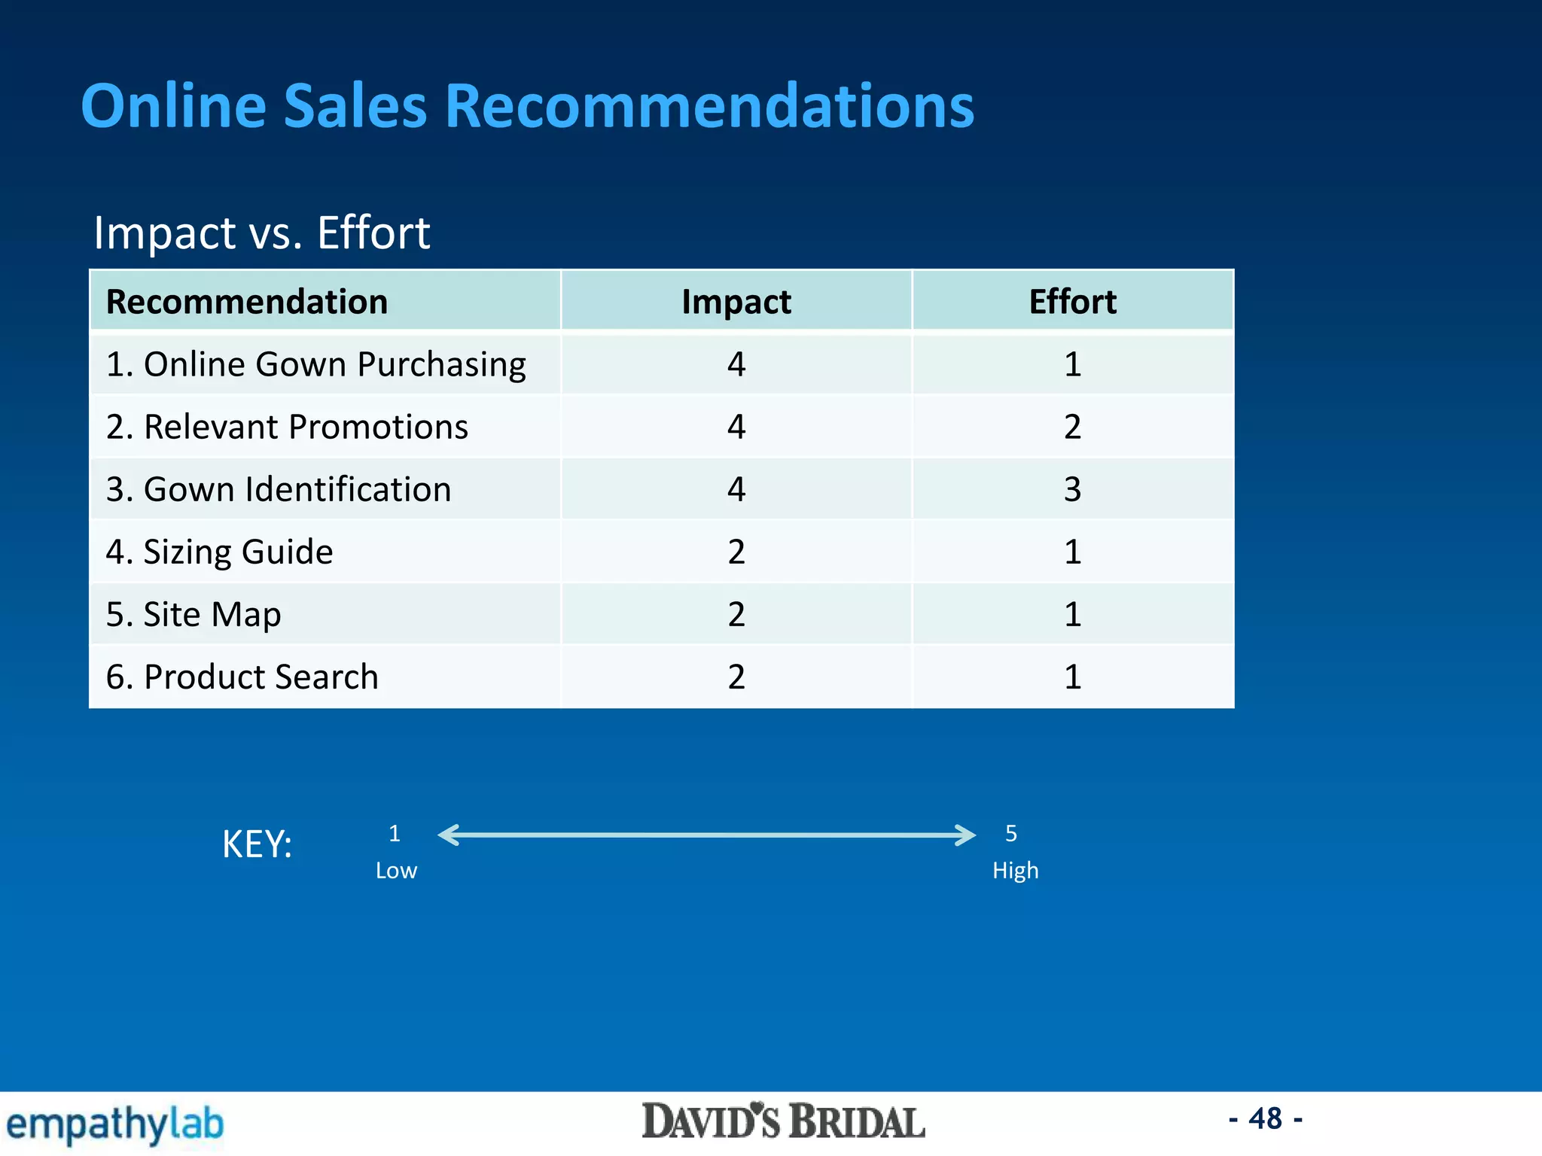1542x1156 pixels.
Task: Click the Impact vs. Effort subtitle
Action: tap(261, 233)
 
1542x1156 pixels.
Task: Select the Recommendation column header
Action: tap(247, 302)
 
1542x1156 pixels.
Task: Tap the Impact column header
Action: tap(736, 302)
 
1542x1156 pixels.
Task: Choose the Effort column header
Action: tap(1072, 302)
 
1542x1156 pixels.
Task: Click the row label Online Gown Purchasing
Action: tap(315, 364)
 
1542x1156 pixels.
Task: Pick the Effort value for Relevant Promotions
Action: tap(1072, 427)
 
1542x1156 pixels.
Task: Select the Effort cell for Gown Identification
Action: tap(1072, 489)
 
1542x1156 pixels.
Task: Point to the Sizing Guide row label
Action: tap(219, 552)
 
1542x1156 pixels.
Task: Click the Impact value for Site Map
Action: tap(736, 614)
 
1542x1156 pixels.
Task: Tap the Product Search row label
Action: tap(242, 677)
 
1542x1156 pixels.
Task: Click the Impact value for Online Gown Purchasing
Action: tap(736, 364)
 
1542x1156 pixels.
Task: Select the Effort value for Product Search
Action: tap(1072, 677)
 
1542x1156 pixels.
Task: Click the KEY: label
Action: tap(257, 844)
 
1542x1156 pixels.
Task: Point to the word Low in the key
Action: tap(396, 871)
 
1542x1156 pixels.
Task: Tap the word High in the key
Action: tap(1015, 871)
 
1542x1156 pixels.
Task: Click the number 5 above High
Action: tap(1011, 833)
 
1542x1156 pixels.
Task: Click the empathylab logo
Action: tap(115, 1124)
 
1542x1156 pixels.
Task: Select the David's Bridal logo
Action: tap(783, 1121)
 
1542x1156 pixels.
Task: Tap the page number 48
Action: tap(1265, 1118)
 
